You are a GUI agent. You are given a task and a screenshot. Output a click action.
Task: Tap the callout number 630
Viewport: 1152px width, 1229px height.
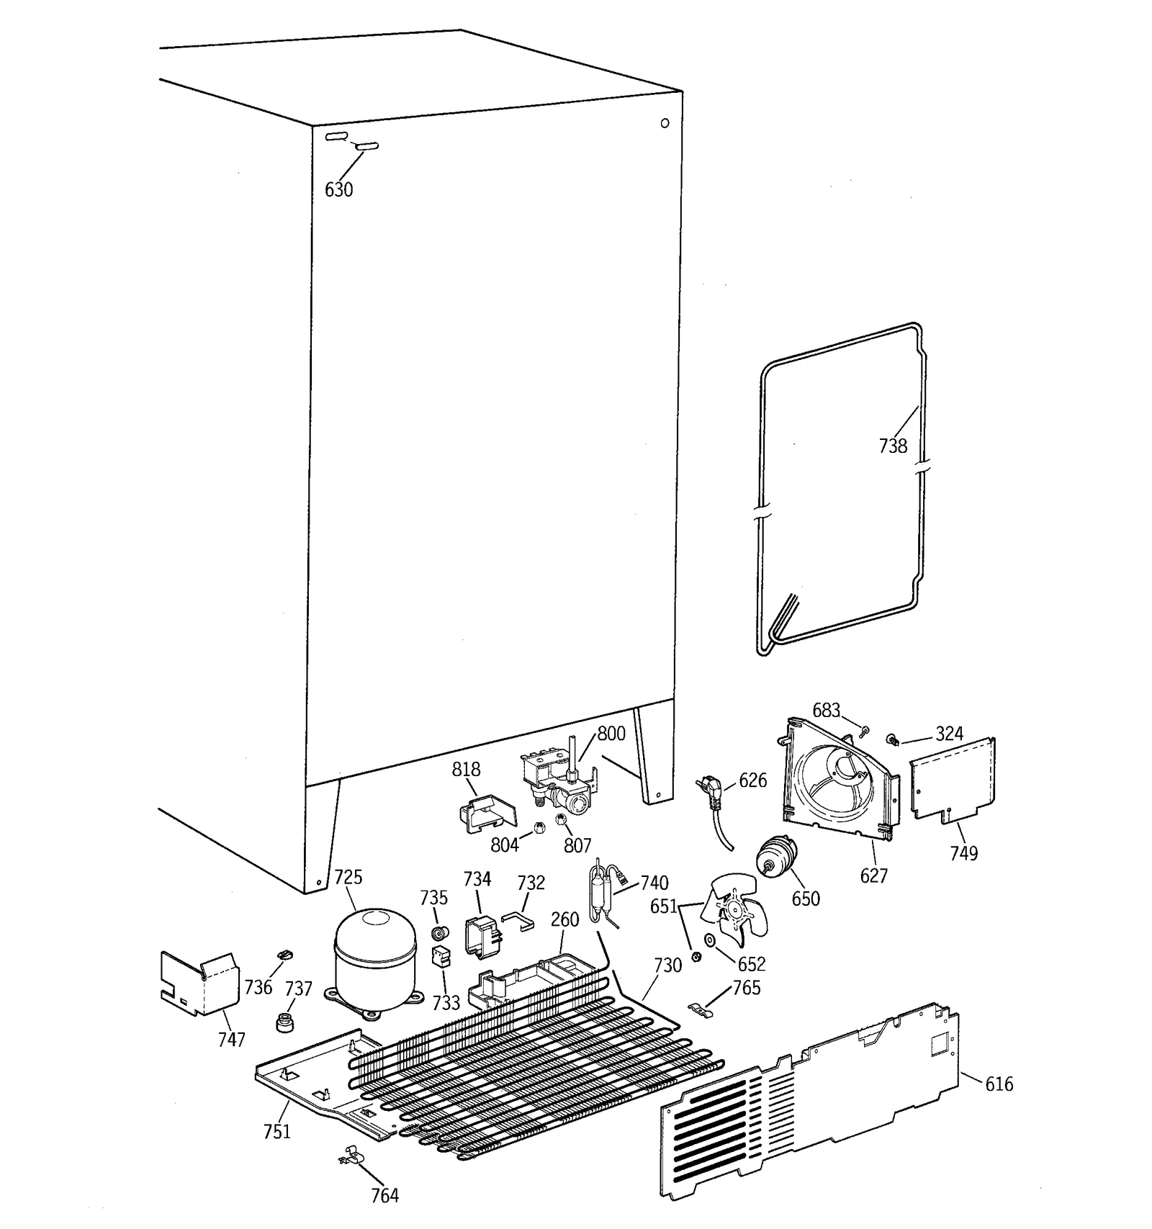click(338, 189)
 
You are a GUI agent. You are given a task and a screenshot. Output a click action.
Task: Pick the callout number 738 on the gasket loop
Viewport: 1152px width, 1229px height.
click(893, 446)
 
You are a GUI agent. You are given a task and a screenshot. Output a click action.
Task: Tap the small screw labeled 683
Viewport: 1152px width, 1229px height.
click(865, 731)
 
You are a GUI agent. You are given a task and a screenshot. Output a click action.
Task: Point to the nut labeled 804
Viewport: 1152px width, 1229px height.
click(539, 827)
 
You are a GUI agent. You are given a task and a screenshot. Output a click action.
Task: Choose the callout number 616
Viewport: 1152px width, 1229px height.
click(999, 1084)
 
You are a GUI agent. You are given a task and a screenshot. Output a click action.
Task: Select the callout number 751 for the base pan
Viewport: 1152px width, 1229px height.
click(276, 1131)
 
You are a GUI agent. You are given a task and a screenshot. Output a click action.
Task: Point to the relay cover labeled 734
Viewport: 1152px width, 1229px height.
click(479, 935)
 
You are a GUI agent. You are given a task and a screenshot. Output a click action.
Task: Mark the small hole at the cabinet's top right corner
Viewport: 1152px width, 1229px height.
click(665, 123)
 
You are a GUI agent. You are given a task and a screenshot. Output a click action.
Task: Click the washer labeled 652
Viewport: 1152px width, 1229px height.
click(711, 940)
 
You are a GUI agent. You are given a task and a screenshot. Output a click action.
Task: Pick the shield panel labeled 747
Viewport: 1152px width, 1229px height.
click(199, 983)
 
